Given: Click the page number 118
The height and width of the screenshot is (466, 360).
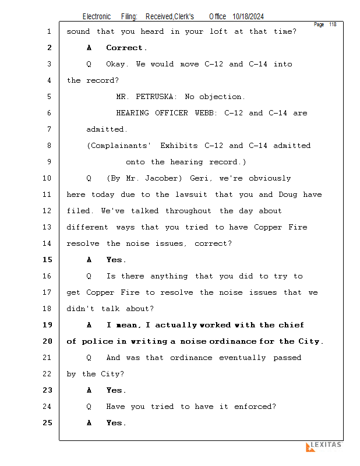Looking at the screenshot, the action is (x=333, y=24).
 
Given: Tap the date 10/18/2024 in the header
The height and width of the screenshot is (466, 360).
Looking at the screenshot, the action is (x=248, y=17).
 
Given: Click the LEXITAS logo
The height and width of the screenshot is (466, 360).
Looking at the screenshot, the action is (x=324, y=446).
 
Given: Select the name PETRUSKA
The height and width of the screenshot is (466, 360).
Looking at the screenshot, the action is (x=154, y=97).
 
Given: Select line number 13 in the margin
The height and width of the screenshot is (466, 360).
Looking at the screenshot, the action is (x=47, y=227).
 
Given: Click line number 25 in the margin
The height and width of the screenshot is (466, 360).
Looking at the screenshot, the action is (x=47, y=423).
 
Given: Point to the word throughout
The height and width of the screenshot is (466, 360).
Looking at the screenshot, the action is (x=188, y=211).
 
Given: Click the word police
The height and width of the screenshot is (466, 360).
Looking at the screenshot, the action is (x=97, y=341).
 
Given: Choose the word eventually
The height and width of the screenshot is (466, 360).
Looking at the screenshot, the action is (x=242, y=358).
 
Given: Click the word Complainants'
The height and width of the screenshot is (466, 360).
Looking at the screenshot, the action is (x=118, y=146).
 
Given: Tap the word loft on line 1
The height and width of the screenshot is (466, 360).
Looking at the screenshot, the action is (x=218, y=31).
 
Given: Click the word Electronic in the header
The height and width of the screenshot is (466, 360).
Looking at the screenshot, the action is (x=97, y=17).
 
